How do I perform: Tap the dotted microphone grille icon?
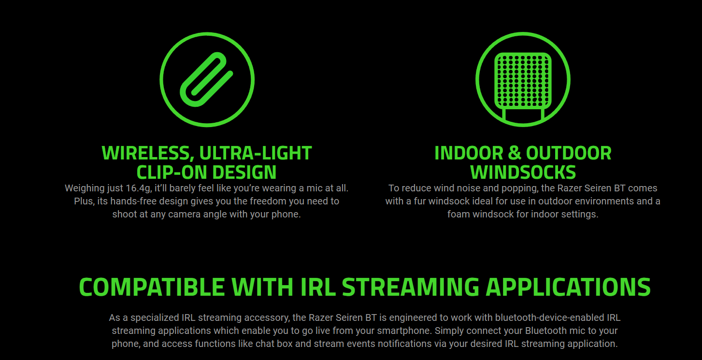pos(523,81)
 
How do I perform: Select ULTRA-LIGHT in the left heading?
pos(256,153)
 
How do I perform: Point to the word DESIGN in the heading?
pos(246,173)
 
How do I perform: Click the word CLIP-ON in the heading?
pos(172,173)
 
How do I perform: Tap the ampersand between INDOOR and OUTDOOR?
pos(514,153)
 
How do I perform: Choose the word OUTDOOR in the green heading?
pos(569,153)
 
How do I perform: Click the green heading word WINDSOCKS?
pos(523,173)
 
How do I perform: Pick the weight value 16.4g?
pos(139,188)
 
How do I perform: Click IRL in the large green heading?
pos(317,287)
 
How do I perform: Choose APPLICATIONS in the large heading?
pos(568,287)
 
